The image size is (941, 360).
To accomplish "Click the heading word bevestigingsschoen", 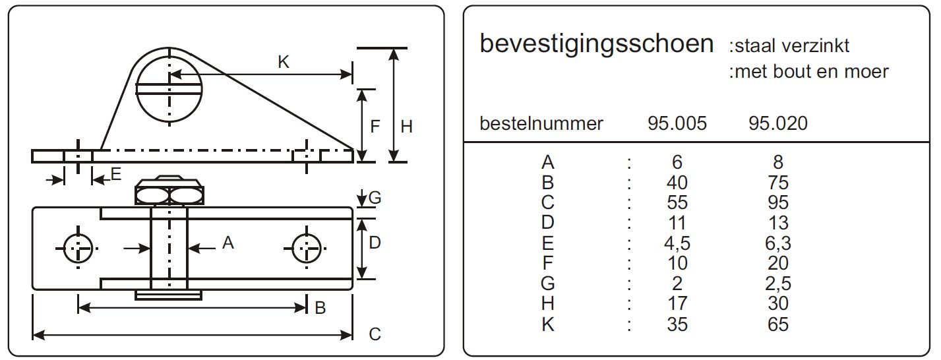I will (x=596, y=45).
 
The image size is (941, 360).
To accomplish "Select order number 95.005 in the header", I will (x=677, y=123).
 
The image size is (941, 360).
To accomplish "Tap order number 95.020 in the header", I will (x=778, y=123).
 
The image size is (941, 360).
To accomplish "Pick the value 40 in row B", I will (x=677, y=183).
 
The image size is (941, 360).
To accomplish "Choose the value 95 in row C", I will (x=778, y=203).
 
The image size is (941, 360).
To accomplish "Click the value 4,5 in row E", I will (x=677, y=243).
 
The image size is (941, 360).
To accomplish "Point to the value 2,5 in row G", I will (x=778, y=284).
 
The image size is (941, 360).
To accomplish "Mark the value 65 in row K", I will (x=778, y=324).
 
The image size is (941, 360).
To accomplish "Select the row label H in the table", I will (x=548, y=304).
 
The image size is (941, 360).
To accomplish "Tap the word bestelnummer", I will (x=541, y=123).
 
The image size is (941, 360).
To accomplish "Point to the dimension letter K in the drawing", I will (x=284, y=62).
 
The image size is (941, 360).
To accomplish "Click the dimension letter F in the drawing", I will (x=375, y=127).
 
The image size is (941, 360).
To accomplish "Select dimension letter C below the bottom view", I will (x=375, y=335).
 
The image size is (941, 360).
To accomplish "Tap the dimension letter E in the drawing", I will (x=116, y=174).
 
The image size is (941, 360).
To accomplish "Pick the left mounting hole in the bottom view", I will (x=78, y=249).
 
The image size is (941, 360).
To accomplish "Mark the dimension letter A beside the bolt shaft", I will (x=228, y=243).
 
